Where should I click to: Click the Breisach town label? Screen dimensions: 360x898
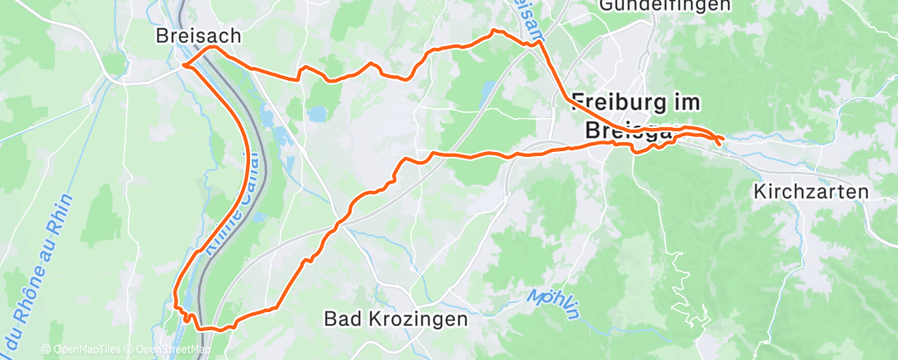198,36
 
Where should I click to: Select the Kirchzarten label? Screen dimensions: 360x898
811,192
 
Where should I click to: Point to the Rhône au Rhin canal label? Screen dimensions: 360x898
37,272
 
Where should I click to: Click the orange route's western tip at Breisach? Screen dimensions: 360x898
182,64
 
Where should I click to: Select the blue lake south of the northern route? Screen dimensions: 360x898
317,113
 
